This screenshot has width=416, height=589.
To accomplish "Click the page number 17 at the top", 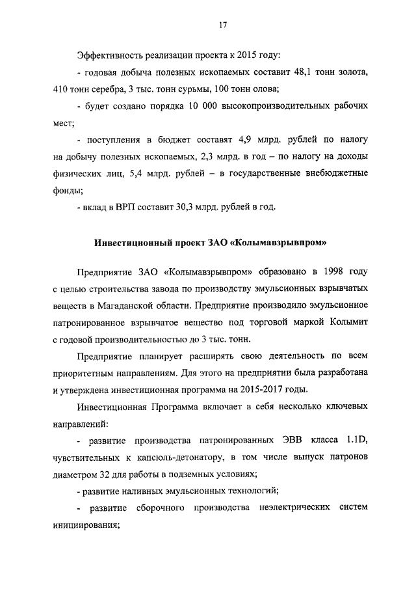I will point(222,25).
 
